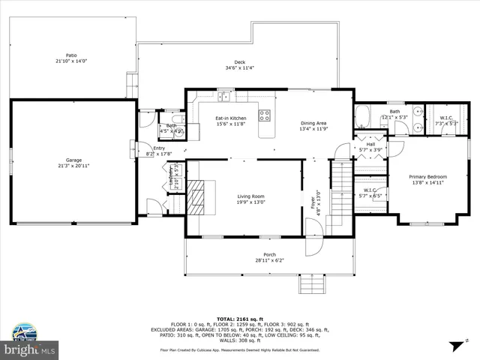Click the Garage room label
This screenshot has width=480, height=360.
point(73,160)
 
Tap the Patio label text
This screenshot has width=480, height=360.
point(71,55)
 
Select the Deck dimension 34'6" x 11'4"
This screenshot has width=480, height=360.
point(239,68)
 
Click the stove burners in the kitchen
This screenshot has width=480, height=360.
point(265,115)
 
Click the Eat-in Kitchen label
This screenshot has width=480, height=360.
point(231,118)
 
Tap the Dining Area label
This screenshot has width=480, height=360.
point(313,123)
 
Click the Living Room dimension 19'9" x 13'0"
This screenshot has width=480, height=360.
point(250,202)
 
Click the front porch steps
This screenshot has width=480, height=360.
point(310,283)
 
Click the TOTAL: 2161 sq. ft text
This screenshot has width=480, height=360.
point(239,319)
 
